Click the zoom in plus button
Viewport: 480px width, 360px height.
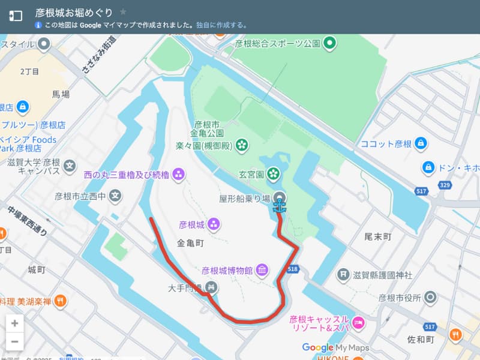15,323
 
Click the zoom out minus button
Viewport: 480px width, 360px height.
15,343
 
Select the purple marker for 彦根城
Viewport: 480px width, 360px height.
214,225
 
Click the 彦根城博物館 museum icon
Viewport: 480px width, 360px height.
262,271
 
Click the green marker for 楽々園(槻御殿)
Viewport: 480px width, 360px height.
242,145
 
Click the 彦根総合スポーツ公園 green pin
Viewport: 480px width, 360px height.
329,43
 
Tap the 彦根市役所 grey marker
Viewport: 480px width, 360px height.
430,297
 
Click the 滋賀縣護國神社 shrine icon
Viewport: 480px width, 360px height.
343,275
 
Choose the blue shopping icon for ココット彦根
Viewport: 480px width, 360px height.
421,144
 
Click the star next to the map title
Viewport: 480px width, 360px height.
123,12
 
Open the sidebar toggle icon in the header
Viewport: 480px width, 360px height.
16,16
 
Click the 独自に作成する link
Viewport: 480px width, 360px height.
222,25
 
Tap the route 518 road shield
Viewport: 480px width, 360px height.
293,270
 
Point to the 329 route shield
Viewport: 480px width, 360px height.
445,185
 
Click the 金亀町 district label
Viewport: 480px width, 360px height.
191,244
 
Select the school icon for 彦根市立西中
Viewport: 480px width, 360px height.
115,196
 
